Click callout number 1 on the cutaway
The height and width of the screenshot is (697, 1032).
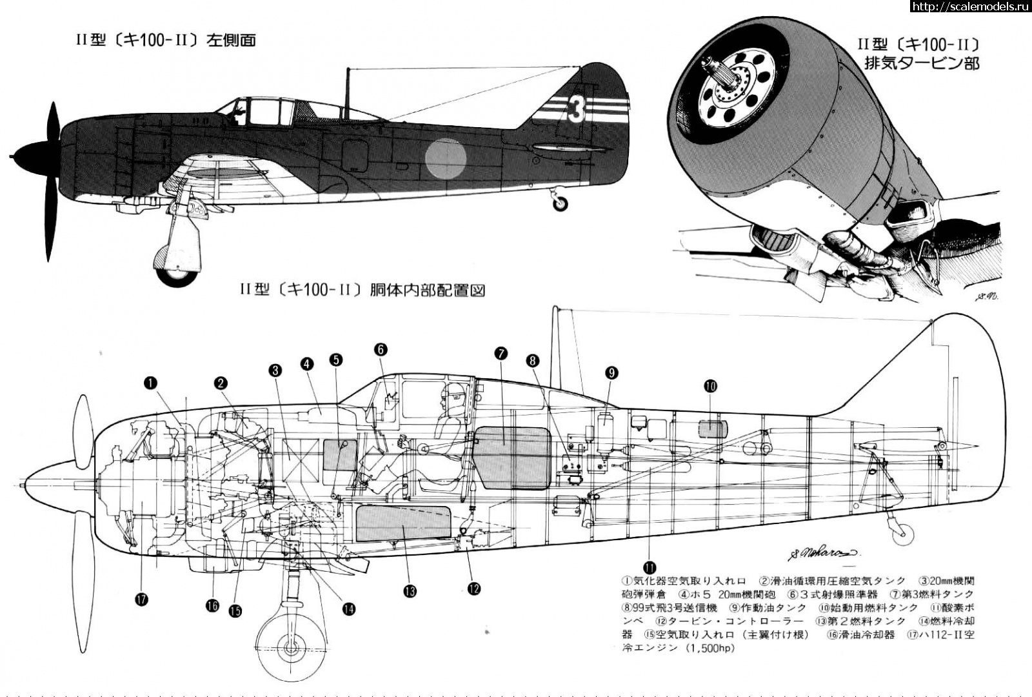[150, 383]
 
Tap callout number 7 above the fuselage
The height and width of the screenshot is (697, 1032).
[501, 353]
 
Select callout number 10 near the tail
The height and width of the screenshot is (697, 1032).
[710, 386]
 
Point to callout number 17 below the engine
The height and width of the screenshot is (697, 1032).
[142, 600]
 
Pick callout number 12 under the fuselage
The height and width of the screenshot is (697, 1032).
[474, 589]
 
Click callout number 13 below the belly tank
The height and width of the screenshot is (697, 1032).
[410, 591]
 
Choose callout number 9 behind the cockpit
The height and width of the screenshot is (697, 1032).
[611, 372]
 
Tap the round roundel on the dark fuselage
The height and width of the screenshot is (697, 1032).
[446, 157]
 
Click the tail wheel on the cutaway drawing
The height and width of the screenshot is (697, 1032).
[906, 532]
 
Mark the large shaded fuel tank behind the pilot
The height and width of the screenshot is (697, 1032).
[512, 458]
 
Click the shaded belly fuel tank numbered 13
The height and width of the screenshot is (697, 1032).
[404, 523]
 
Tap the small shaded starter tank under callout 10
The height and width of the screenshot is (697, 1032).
[713, 428]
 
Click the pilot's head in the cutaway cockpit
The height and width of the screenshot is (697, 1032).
[455, 395]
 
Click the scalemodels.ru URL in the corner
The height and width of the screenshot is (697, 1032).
[970, 6]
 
